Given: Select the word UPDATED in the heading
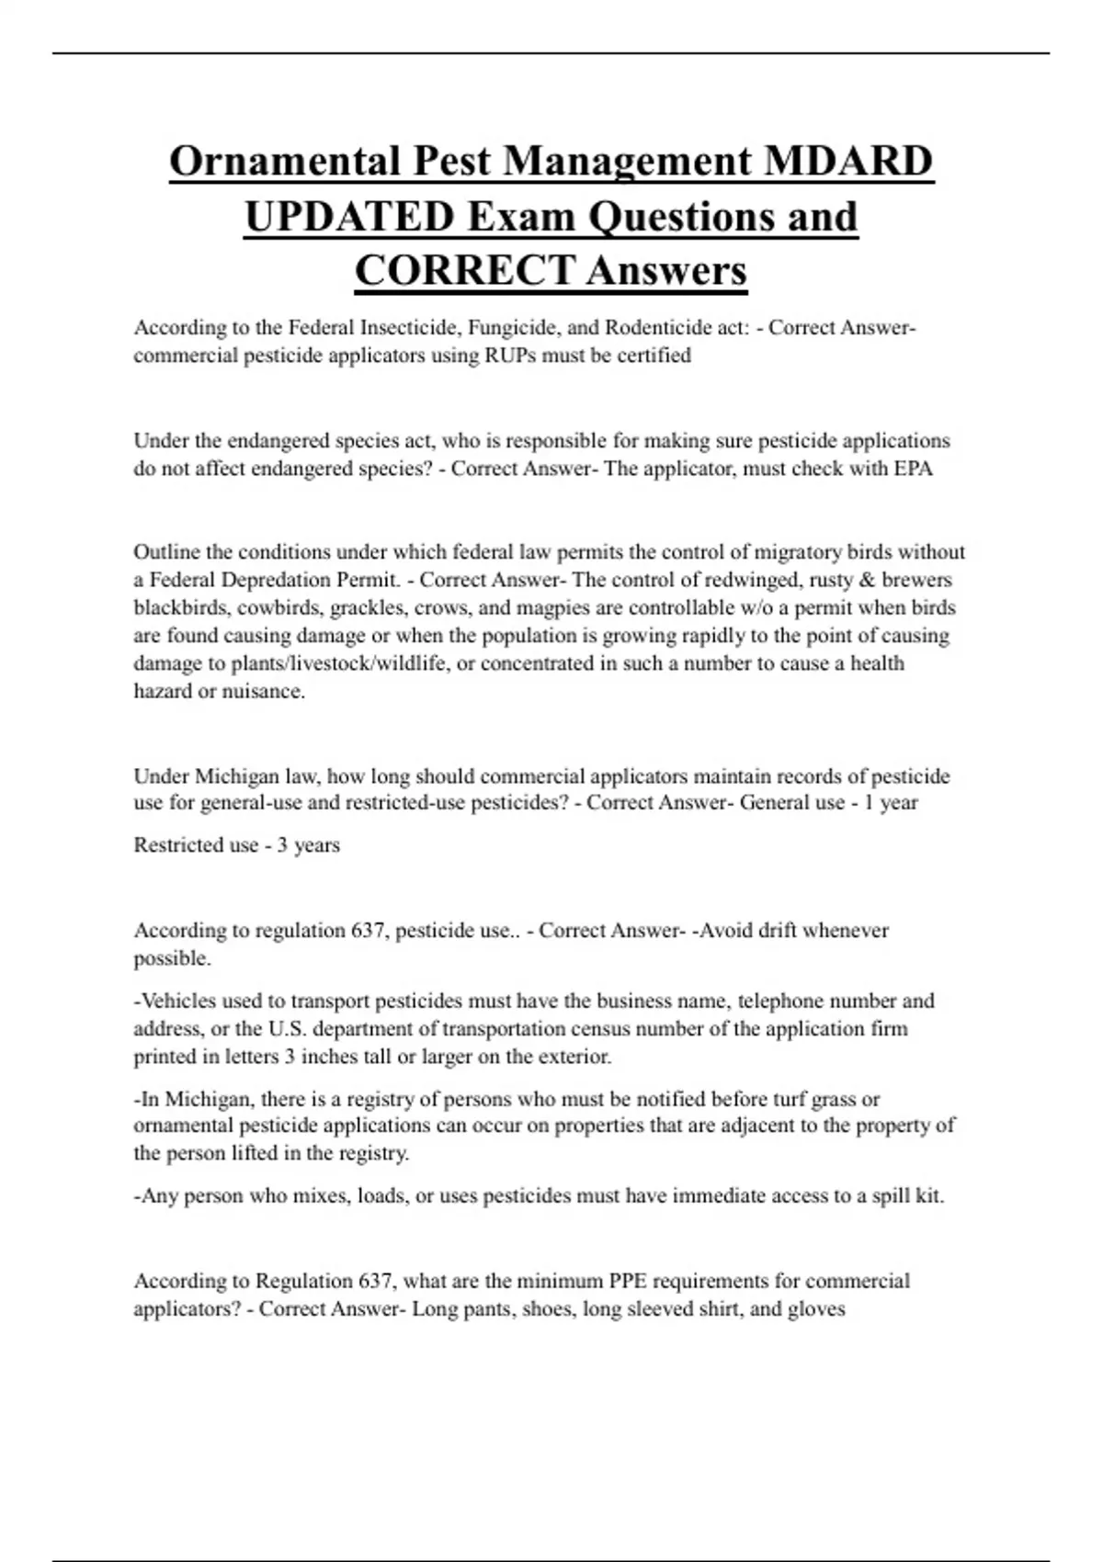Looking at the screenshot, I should click(349, 217).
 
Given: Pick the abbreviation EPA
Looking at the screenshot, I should click(914, 469).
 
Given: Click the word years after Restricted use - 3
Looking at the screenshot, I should click(317, 845).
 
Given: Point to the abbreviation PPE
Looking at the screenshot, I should click(628, 1281).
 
